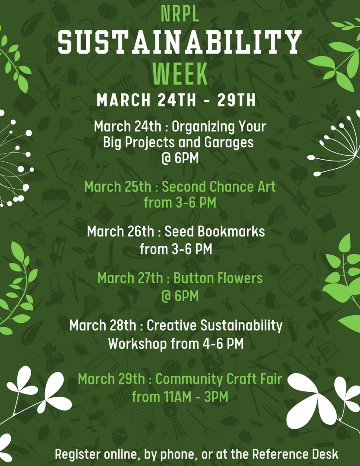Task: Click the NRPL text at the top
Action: pos(180,14)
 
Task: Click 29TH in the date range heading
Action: pos(237,100)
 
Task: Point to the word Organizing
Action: pos(201,127)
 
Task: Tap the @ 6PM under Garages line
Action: pos(180,158)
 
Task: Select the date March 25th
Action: pos(118,187)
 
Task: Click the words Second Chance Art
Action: pos(218,187)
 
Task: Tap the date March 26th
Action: pos(121,232)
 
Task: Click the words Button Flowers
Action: pos(218,278)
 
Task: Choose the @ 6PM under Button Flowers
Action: pos(180,296)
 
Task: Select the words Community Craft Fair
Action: pos(219,379)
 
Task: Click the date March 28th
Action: pos(103,325)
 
